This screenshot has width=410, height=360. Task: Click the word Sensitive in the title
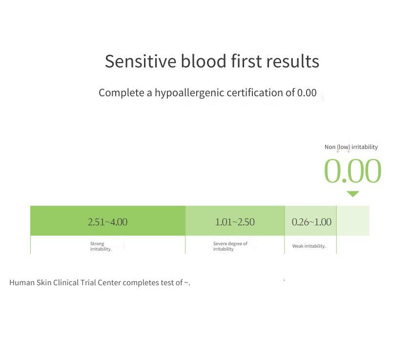pos(141,61)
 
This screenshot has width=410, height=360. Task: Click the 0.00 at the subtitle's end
pos(307,93)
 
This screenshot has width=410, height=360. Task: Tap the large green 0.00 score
pos(352,171)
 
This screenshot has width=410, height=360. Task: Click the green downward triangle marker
pos(353,194)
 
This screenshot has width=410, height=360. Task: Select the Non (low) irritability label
pos(351,147)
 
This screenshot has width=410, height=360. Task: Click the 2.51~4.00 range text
pos(107,222)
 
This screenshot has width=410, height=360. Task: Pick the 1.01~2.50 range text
pos(235,222)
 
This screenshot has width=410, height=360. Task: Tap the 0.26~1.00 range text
pos(311,222)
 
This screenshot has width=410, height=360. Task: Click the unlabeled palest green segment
pos(353,221)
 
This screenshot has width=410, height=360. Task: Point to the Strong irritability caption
pos(101,246)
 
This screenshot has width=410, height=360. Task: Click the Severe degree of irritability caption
pos(230,246)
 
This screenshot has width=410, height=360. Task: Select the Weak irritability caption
pos(309,246)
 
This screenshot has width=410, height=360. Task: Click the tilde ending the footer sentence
pos(186,283)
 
